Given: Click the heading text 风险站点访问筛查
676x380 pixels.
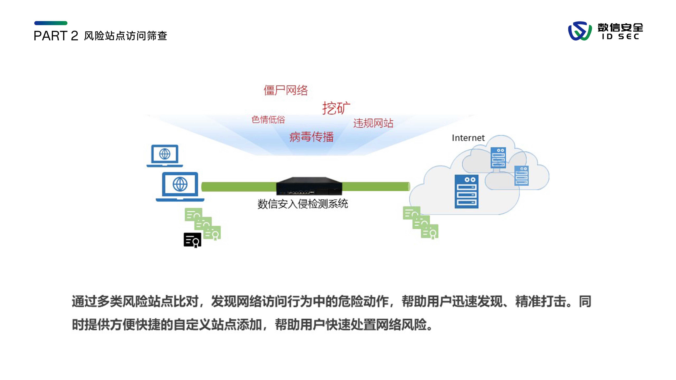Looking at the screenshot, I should pos(125,36).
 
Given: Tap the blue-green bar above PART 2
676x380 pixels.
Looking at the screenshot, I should pos(51,23).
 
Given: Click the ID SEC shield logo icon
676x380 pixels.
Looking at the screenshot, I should pos(579,31).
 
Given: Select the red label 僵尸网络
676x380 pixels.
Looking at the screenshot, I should pos(285,90).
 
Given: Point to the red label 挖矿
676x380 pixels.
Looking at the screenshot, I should pos(336,108).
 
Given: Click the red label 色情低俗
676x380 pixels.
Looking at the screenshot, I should pos(268,120).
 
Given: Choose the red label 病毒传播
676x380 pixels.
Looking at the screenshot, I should pos(312,137).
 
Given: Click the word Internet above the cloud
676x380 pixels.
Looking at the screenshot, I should pos(468,138).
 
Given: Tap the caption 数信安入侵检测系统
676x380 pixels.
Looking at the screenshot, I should pos(303,204).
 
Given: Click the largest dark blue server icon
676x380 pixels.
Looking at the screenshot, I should pos(466,191).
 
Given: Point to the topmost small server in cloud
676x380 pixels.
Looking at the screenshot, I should pos(498,157).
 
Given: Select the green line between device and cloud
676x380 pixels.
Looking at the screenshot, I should pos(375,186).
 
